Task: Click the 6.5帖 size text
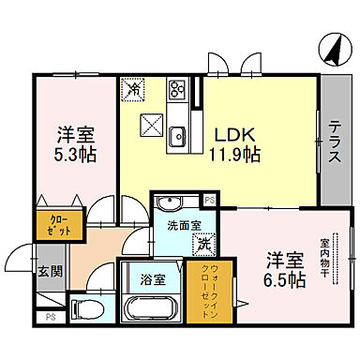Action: (x=283, y=279)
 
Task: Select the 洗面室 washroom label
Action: (x=178, y=225)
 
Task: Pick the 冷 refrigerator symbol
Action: (x=135, y=90)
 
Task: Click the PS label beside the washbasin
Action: (x=209, y=200)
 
